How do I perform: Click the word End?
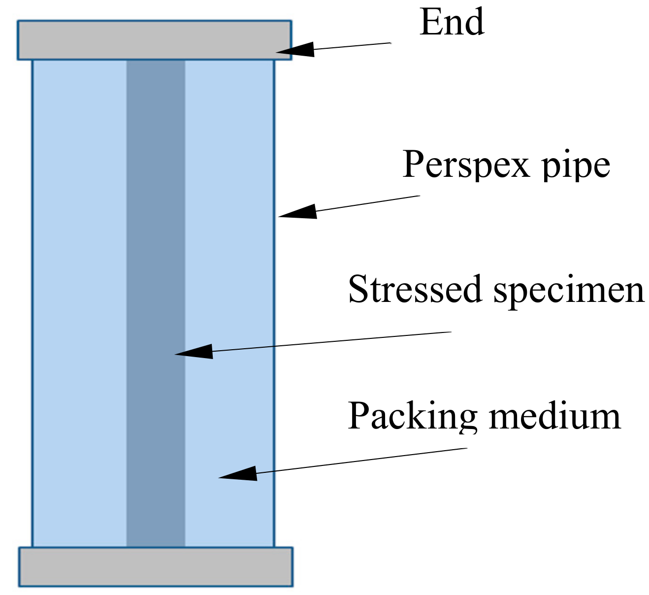(452, 23)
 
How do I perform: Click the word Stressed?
(414, 290)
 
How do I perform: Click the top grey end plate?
(155, 40)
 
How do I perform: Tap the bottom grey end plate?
(156, 566)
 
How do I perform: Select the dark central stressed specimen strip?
(156, 246)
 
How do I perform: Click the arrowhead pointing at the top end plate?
(295, 50)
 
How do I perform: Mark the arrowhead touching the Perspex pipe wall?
(298, 212)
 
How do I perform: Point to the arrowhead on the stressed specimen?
(195, 352)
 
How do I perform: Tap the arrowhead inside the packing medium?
(239, 474)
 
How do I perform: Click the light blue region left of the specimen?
(79, 296)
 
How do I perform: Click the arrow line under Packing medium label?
(362, 461)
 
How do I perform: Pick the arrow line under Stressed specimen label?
(330, 341)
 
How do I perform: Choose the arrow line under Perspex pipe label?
(367, 203)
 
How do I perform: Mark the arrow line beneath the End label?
(352, 46)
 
